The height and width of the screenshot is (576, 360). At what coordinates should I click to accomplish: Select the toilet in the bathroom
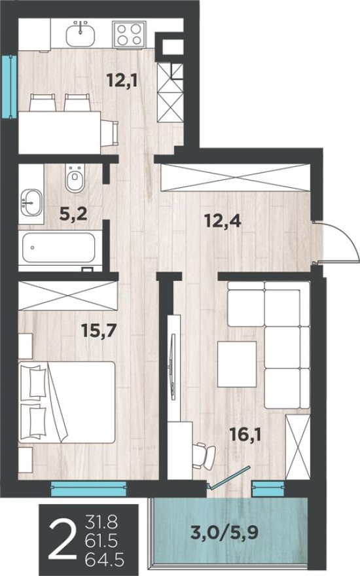[76, 176]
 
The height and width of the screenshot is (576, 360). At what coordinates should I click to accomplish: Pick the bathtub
[59, 249]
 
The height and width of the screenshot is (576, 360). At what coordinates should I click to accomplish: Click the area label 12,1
[122, 81]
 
